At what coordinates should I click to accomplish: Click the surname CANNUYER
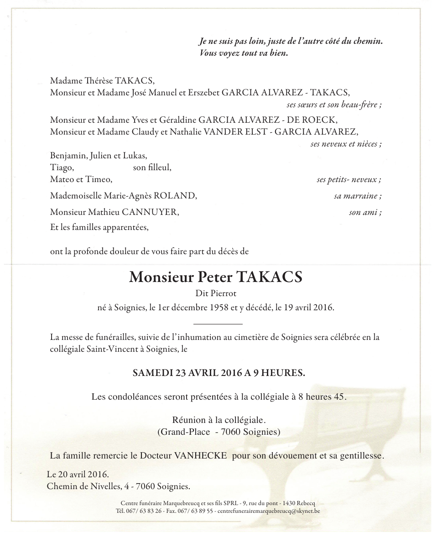[x=154, y=212]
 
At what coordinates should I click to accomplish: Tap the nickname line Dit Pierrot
[x=216, y=294]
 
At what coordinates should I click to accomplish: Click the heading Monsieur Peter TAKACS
[x=216, y=277]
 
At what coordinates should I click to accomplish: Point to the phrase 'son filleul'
[x=152, y=167]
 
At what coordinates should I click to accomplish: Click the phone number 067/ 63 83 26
[x=143, y=511]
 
